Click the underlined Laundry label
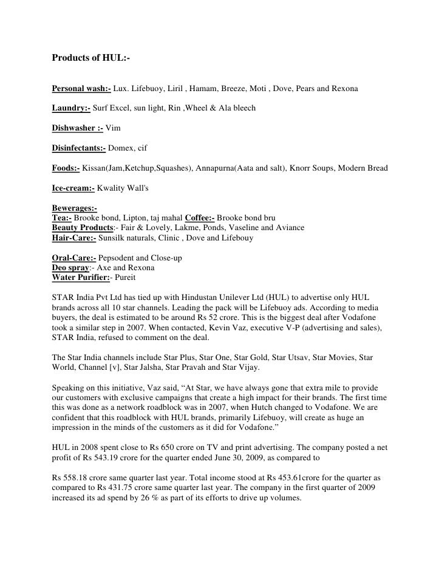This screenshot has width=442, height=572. point(71,108)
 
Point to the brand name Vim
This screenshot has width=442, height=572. point(113,128)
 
